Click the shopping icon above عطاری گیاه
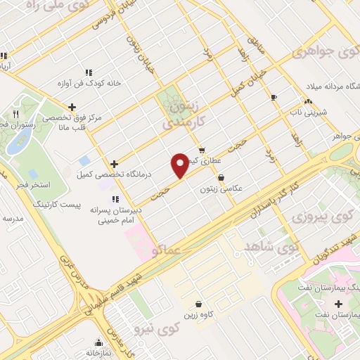[202, 150]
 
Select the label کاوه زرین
[201, 315]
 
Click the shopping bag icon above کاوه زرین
[201, 304]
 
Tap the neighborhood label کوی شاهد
[271, 247]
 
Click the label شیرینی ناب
[309, 111]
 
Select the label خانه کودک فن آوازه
[94, 82]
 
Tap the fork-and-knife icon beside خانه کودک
[89, 72]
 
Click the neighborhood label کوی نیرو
[158, 329]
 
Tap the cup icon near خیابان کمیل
[274, 96]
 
